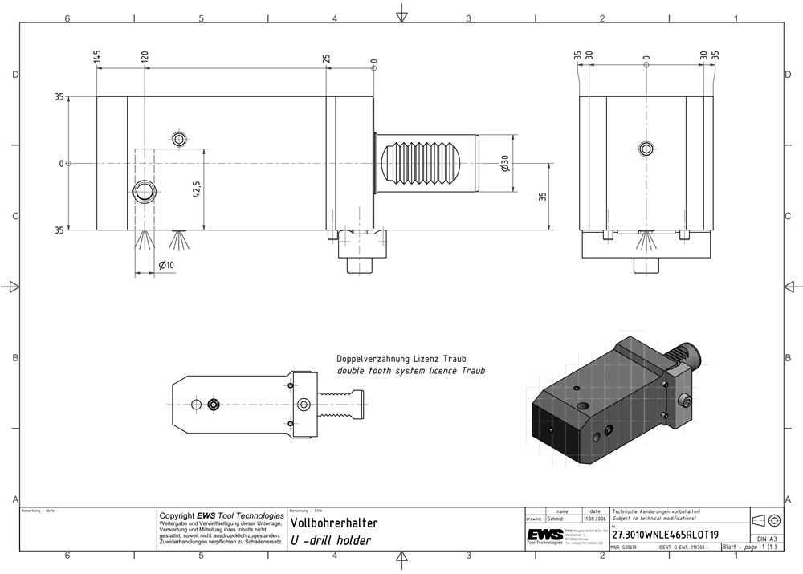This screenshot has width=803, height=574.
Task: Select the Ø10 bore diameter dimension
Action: click(x=166, y=265)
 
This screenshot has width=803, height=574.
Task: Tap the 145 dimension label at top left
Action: click(x=97, y=57)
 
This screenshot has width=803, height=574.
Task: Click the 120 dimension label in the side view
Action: click(x=145, y=57)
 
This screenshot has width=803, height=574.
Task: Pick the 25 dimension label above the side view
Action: click(x=326, y=59)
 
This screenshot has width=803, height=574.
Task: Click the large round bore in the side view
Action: click(x=145, y=191)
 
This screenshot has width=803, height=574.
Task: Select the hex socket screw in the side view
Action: click(x=181, y=140)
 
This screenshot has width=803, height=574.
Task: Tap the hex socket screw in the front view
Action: click(x=646, y=148)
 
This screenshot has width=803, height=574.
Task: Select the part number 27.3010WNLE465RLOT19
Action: click(x=666, y=535)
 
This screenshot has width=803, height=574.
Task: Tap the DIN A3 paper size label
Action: click(x=766, y=539)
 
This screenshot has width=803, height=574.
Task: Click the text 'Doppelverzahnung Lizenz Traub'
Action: click(x=401, y=359)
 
